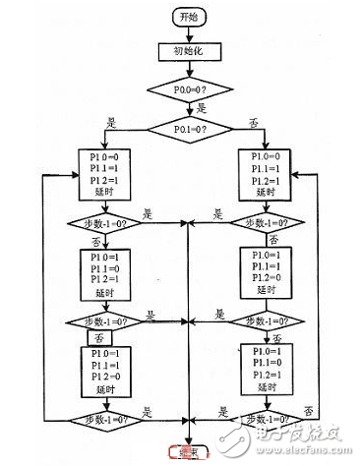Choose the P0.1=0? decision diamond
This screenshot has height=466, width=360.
187,127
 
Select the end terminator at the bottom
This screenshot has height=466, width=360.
186,452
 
